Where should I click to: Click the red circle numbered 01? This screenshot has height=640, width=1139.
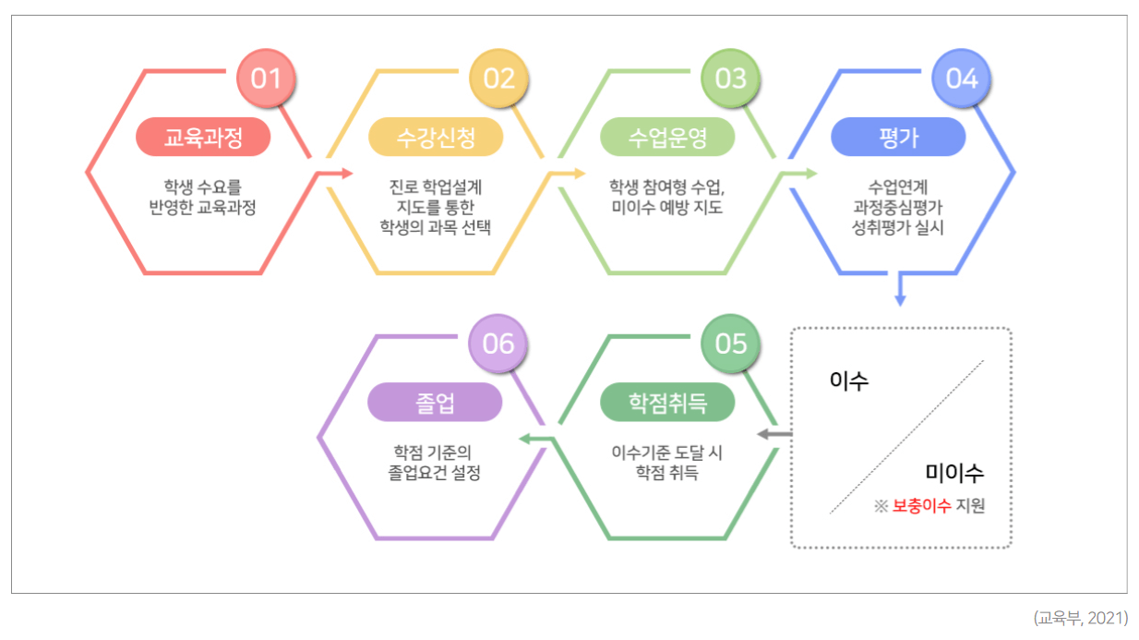(x=266, y=78)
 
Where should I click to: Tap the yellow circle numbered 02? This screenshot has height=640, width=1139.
(x=498, y=78)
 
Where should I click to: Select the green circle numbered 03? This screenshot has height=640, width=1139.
(x=730, y=78)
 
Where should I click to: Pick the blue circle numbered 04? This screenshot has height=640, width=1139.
(x=961, y=78)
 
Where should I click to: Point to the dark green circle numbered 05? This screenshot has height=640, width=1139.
(x=730, y=344)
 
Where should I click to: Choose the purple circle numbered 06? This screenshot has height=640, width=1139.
(x=498, y=344)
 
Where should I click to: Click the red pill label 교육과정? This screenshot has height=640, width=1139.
(x=203, y=138)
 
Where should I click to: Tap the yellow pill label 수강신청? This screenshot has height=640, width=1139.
(x=436, y=138)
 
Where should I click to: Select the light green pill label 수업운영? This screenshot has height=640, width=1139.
(x=667, y=138)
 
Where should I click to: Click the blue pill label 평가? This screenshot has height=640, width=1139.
(x=898, y=138)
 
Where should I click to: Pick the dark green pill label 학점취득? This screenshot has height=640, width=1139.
(x=667, y=403)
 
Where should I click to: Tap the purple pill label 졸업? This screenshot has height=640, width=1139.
(x=436, y=403)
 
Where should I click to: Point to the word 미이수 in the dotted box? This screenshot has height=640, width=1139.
(x=954, y=473)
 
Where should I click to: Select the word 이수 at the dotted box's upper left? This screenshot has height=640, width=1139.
(x=849, y=380)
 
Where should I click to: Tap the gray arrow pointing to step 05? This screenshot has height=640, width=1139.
(x=773, y=433)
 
